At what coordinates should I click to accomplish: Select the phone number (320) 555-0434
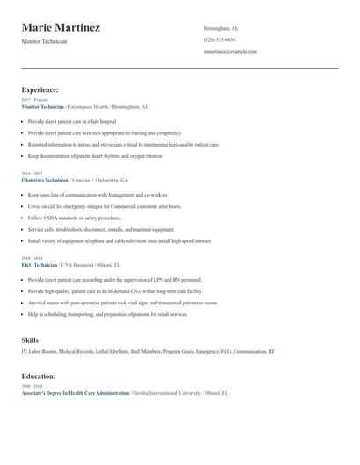(x=219, y=39)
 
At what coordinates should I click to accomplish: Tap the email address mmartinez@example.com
(x=230, y=51)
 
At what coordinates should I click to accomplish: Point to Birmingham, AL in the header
(x=220, y=28)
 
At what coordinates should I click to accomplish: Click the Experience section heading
(x=40, y=89)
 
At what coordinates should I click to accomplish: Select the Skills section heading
(x=30, y=340)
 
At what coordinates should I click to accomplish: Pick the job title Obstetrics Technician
(x=44, y=178)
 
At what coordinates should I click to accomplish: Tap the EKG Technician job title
(x=40, y=264)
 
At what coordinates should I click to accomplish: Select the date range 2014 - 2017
(x=31, y=172)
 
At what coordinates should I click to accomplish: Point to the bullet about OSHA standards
(x=75, y=217)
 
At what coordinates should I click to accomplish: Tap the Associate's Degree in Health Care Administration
(x=75, y=393)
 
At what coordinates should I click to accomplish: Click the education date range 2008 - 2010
(x=31, y=386)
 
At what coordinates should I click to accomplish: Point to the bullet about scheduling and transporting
(x=107, y=313)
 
